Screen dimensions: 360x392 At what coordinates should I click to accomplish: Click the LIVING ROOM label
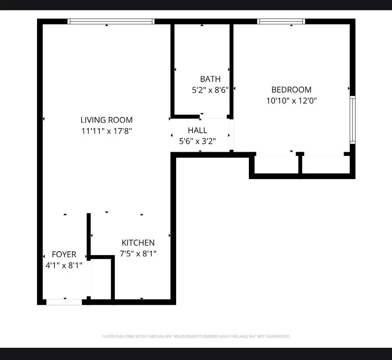(x=106, y=120)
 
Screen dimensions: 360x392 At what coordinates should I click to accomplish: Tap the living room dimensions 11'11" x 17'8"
(x=106, y=131)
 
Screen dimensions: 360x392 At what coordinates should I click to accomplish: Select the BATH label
(x=210, y=79)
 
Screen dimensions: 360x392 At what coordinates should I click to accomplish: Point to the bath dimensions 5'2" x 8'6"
(x=210, y=90)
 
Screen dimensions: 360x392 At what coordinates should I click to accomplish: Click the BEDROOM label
(x=291, y=90)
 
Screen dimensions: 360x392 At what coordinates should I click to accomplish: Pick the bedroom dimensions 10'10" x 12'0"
(x=291, y=101)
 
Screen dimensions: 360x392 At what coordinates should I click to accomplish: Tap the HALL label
(x=198, y=130)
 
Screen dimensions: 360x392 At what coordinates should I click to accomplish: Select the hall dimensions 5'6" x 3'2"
(x=198, y=141)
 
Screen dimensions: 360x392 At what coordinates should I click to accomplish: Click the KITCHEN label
(x=138, y=243)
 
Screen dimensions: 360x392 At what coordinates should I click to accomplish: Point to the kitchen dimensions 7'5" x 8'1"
(x=138, y=254)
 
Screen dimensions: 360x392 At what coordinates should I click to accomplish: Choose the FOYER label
(x=64, y=255)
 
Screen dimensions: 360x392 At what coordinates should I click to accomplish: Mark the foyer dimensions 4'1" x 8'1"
(x=64, y=266)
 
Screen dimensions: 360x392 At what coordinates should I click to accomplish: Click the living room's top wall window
(x=111, y=21)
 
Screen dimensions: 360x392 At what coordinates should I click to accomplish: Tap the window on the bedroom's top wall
(x=281, y=21)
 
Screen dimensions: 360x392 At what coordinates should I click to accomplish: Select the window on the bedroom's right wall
(x=352, y=120)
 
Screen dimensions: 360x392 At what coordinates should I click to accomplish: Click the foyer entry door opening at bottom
(x=64, y=302)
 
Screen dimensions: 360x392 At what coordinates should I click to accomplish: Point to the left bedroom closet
(x=276, y=165)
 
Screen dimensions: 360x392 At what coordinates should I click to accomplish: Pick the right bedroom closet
(x=326, y=165)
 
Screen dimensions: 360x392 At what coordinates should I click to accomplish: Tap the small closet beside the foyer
(x=101, y=279)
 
